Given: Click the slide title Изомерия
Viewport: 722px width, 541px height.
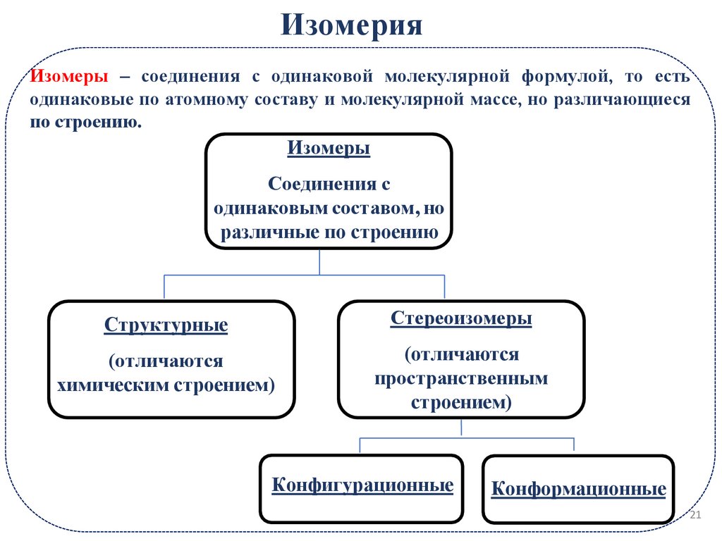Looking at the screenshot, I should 352,26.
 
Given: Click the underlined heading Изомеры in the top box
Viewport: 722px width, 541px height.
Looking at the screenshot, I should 329,149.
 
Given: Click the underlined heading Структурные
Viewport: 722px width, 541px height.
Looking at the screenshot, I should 166,326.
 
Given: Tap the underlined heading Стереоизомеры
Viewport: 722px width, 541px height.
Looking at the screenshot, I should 461,318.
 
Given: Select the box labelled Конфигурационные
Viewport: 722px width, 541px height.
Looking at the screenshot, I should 362,487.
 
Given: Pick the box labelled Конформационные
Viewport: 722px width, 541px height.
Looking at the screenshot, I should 578,490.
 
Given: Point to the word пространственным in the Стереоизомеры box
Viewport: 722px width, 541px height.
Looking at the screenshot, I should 461,378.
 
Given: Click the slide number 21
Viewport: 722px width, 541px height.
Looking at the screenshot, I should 695,516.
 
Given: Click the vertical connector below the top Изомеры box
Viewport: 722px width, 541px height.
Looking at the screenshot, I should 320,261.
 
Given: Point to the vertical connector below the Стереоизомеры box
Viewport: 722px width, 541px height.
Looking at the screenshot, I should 461,428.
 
